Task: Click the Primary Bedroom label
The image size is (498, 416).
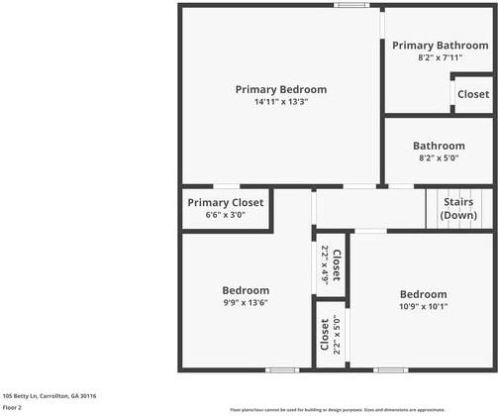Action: click(280, 89)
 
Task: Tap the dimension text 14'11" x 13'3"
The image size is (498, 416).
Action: click(280, 102)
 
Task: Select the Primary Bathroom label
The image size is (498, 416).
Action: click(440, 46)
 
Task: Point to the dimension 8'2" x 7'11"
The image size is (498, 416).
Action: click(440, 57)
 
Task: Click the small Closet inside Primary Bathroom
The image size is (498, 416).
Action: click(472, 94)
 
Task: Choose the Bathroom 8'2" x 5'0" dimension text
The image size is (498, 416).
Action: click(440, 157)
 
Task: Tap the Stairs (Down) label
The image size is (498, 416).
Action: click(457, 208)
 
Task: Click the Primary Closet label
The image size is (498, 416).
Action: click(226, 203)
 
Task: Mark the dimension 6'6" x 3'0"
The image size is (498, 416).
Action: click(226, 215)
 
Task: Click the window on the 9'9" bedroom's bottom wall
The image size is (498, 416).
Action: click(282, 370)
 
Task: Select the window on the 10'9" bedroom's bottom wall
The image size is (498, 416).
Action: click(390, 370)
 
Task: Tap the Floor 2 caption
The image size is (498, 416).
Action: click(13, 407)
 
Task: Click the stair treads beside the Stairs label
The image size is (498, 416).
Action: click(434, 207)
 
